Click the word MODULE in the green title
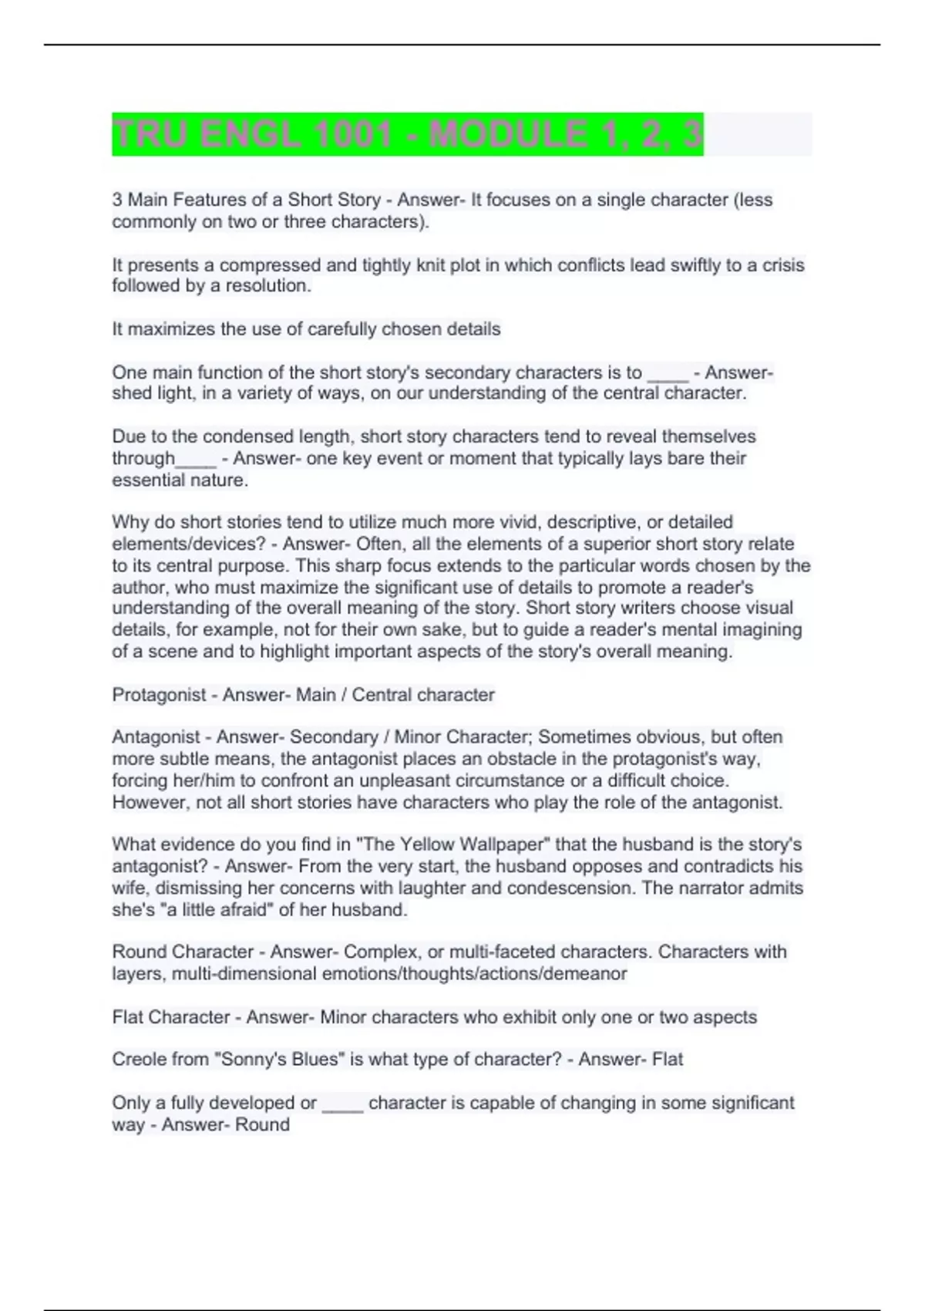[x=507, y=135]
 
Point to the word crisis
[x=783, y=265]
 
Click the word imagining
[x=761, y=630]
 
